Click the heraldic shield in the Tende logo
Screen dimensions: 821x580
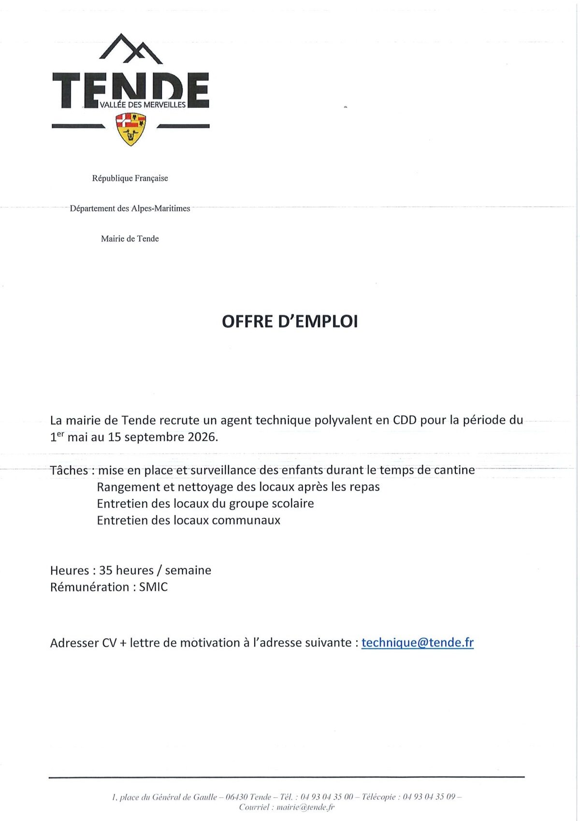click(x=131, y=129)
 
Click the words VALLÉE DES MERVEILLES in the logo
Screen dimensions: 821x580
click(x=143, y=105)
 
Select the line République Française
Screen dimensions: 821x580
click(x=130, y=178)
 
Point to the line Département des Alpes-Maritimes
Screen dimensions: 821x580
click(x=130, y=208)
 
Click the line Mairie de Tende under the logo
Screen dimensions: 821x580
click(x=130, y=239)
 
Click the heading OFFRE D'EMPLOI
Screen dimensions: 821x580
click(x=290, y=322)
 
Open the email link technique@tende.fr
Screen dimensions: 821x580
click(x=417, y=643)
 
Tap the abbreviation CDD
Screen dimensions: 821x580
click(x=405, y=420)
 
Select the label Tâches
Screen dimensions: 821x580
click(x=69, y=470)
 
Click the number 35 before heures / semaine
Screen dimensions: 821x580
click(x=105, y=571)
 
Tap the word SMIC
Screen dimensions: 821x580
click(x=153, y=587)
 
